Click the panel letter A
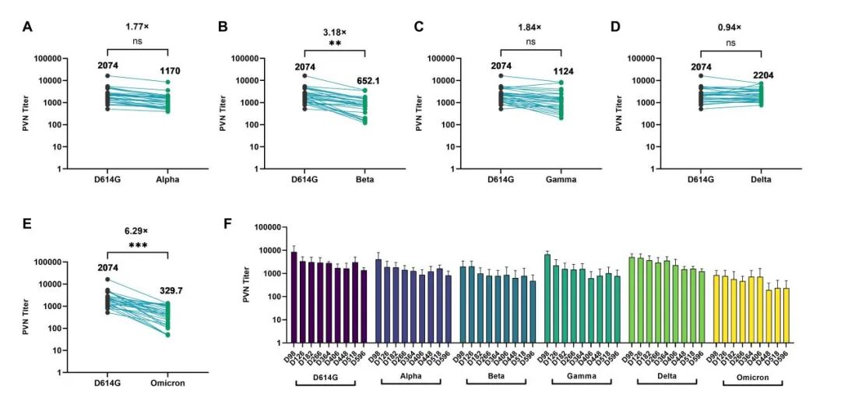(28, 28)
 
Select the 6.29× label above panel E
(137, 230)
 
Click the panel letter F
(228, 223)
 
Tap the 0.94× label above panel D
(730, 27)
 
